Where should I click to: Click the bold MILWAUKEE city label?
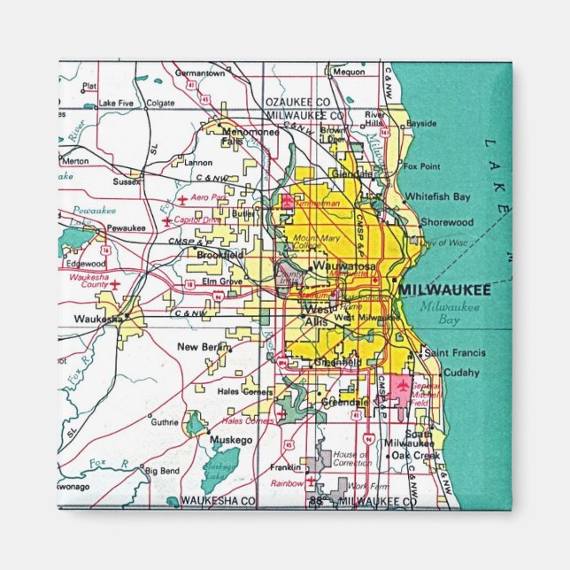(444, 289)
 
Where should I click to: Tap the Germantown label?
(199, 73)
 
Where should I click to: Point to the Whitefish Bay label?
(437, 196)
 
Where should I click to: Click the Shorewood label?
(447, 222)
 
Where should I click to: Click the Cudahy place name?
(460, 373)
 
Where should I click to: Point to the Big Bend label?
(163, 471)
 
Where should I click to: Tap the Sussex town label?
(127, 181)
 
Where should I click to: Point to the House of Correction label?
(352, 459)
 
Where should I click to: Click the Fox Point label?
(421, 166)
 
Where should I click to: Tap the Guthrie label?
(165, 422)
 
